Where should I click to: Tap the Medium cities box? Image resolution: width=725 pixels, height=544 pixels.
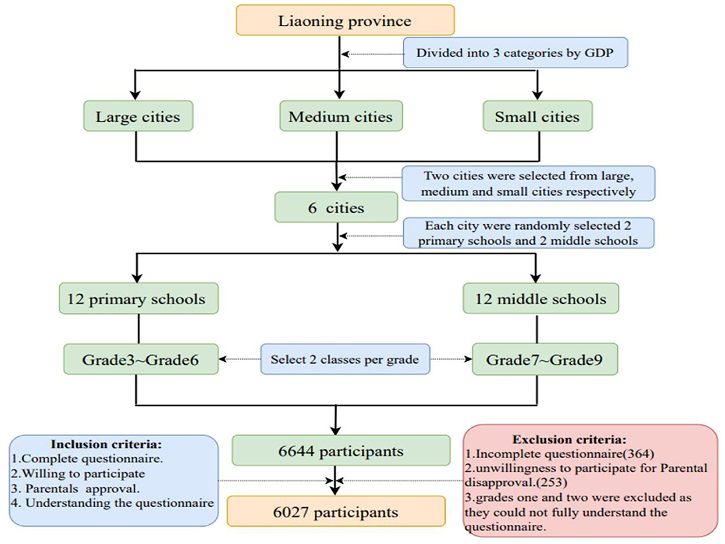[340, 116]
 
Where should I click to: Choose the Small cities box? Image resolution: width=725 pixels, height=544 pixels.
[537, 116]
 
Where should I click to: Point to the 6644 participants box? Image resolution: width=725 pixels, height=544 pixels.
[341, 450]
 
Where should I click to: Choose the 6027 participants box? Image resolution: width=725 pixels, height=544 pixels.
[336, 512]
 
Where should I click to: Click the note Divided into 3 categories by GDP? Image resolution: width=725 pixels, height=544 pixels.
[516, 53]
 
